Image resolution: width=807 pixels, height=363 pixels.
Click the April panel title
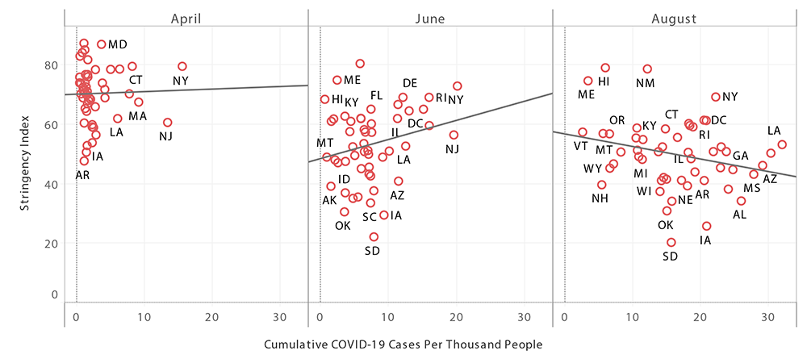click(186, 16)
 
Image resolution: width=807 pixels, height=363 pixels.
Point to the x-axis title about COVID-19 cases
click(403, 344)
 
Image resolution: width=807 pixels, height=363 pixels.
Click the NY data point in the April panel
click(182, 66)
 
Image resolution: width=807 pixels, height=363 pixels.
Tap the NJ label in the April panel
click(165, 136)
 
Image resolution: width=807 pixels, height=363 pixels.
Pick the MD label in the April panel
click(117, 44)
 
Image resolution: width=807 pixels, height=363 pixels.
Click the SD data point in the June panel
click(374, 236)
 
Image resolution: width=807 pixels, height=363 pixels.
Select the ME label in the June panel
click(352, 80)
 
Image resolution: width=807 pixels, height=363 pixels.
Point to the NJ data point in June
click(454, 135)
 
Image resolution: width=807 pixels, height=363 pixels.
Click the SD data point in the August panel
click(671, 242)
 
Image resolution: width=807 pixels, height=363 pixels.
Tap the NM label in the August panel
click(646, 83)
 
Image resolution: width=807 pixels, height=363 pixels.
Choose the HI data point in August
click(605, 68)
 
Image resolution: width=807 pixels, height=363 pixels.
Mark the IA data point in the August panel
click(707, 226)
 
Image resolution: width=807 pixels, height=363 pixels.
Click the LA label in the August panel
click(774, 131)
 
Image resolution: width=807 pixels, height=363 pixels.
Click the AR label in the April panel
click(82, 175)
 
